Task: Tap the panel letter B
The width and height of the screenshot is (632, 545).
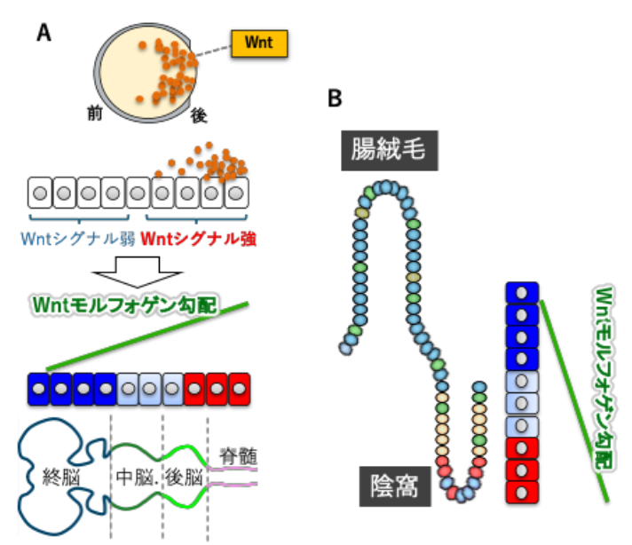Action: [x=335, y=99]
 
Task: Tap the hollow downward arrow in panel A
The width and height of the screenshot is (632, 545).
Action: [x=138, y=270]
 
